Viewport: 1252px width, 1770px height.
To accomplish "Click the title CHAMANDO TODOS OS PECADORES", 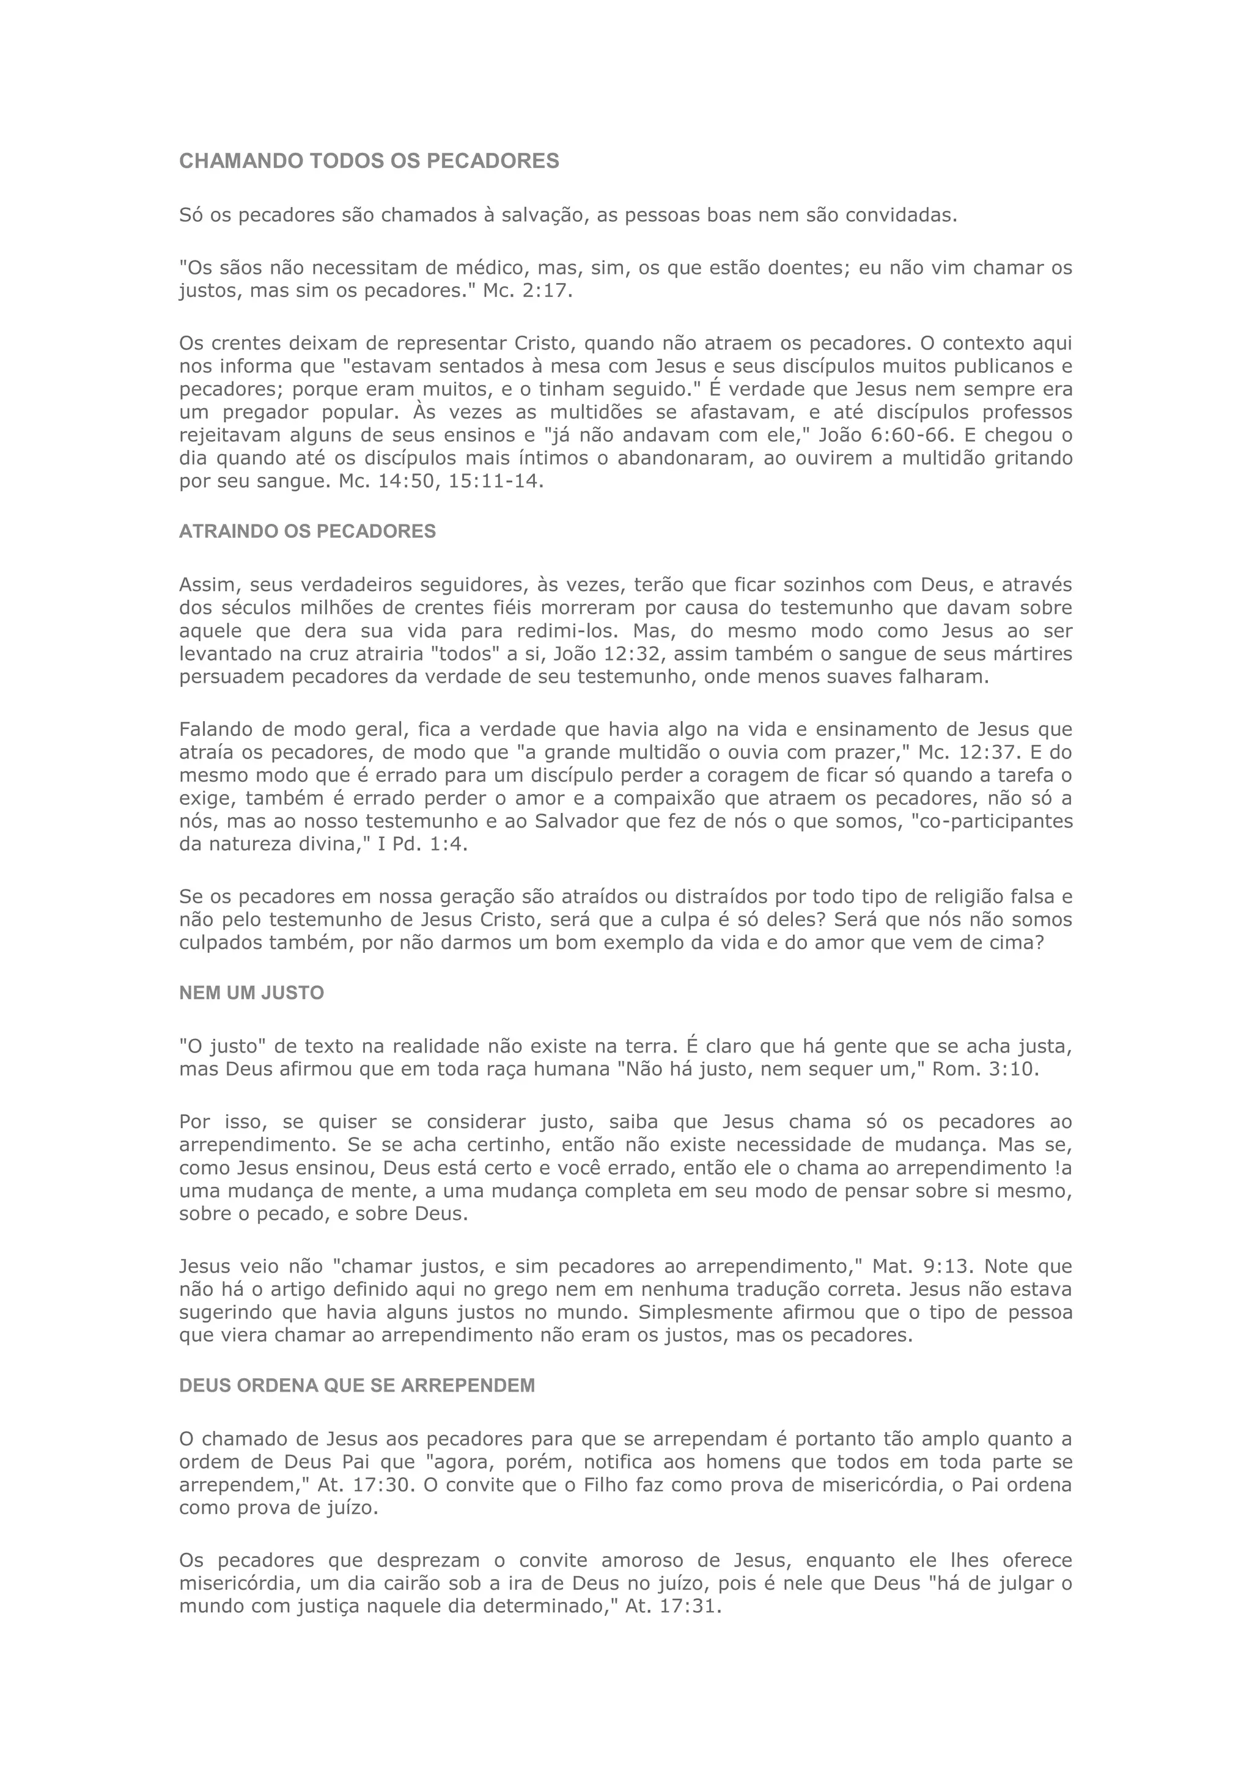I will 369,161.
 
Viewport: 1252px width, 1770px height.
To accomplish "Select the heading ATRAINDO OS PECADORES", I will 307,532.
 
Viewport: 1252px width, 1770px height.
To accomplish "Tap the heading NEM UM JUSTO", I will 251,993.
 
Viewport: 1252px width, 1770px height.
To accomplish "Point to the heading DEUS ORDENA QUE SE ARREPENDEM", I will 357,1408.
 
